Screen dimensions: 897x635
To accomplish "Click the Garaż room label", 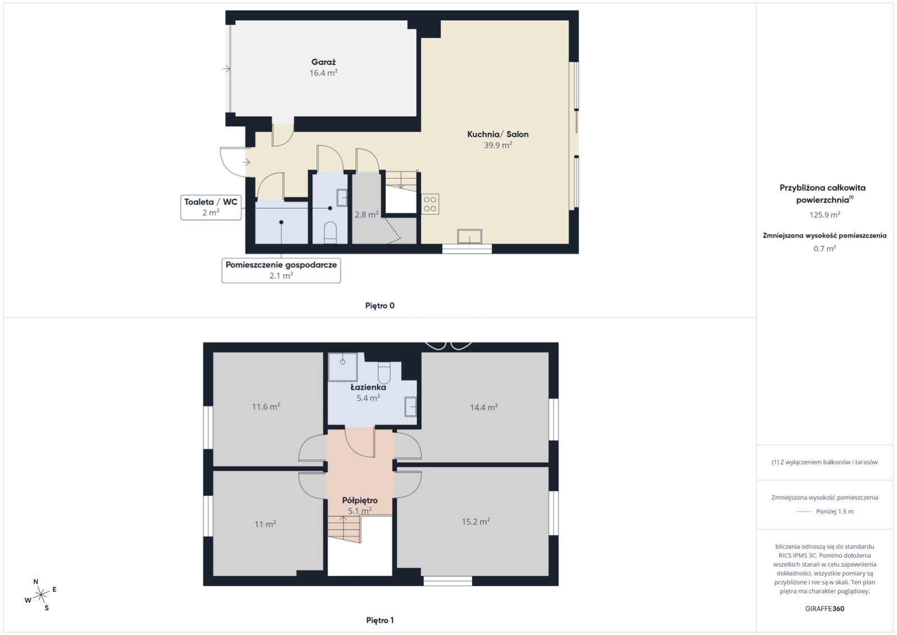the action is [323, 62].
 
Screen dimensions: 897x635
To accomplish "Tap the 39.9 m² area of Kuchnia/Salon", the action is [498, 145].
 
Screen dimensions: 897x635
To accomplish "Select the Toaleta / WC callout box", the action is [211, 207].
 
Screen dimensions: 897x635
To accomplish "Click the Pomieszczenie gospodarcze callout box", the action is [281, 271].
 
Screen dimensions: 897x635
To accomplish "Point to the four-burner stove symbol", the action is [430, 204].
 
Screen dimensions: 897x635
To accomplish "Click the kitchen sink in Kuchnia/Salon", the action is [470, 236].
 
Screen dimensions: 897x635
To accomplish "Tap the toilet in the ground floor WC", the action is [330, 233].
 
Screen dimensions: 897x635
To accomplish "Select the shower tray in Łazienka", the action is [342, 367].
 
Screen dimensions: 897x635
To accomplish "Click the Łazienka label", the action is [368, 387].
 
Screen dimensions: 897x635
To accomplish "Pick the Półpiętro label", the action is [360, 500].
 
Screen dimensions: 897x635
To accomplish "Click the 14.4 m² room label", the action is [484, 407].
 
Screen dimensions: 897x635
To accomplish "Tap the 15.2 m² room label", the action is [476, 521].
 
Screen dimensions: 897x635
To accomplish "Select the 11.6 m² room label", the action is [266, 406].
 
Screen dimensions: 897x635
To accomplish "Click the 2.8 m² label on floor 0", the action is [367, 214].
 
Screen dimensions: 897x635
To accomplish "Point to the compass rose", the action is [40, 595].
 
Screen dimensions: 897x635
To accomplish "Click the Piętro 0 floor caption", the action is [379, 305].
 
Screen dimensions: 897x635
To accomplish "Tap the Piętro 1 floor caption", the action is [379, 620].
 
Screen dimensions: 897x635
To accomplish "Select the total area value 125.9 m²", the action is [825, 214].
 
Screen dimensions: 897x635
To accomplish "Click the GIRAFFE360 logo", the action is [825, 609].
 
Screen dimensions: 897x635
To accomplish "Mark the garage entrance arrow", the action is [227, 69].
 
